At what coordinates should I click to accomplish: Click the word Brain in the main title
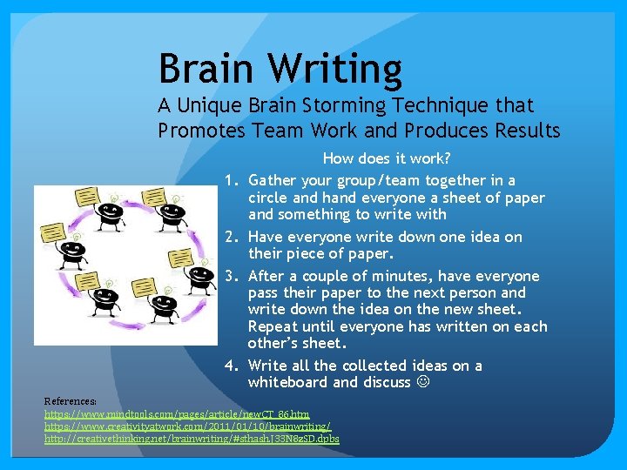206,68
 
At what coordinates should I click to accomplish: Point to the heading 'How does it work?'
386,158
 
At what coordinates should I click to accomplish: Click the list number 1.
231,181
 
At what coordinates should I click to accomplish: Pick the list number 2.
231,238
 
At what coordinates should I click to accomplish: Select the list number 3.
231,277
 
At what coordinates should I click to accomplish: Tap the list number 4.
231,366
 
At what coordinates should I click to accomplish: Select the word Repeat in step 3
273,327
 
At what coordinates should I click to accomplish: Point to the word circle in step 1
269,198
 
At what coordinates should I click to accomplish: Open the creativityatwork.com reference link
187,426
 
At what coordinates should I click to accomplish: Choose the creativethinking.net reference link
192,439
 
